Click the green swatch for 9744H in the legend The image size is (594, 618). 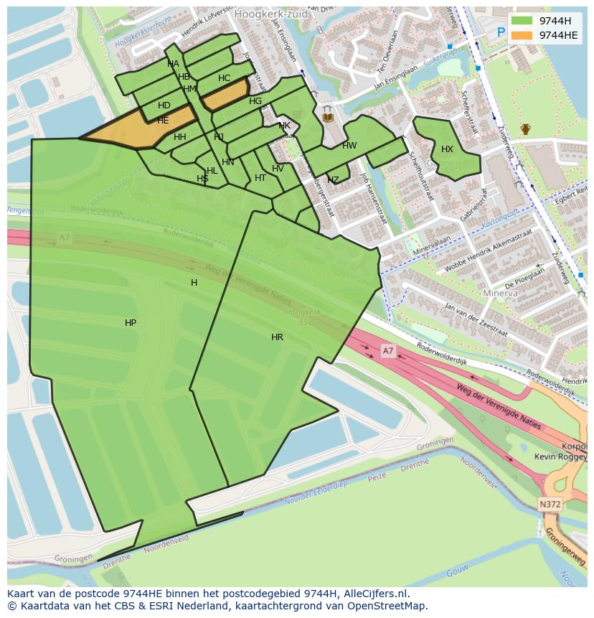coord(522,21)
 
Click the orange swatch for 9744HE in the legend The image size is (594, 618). coord(522,35)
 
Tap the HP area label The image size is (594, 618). coord(131,323)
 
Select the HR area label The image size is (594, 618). coord(277,337)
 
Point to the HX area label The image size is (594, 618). coord(447,149)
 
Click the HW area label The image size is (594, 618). coord(349,146)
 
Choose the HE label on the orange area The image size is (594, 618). coord(163,121)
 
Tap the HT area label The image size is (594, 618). coord(260,178)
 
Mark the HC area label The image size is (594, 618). coord(224,78)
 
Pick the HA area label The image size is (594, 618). coord(173,64)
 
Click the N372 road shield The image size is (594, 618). coord(550,505)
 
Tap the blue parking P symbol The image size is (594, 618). coord(501,32)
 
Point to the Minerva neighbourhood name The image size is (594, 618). coord(500,294)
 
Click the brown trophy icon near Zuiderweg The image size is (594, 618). coord(525,129)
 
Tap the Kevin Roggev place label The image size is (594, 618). coord(560,457)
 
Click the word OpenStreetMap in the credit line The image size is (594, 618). coord(388,606)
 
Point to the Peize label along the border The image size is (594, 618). coord(376,476)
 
